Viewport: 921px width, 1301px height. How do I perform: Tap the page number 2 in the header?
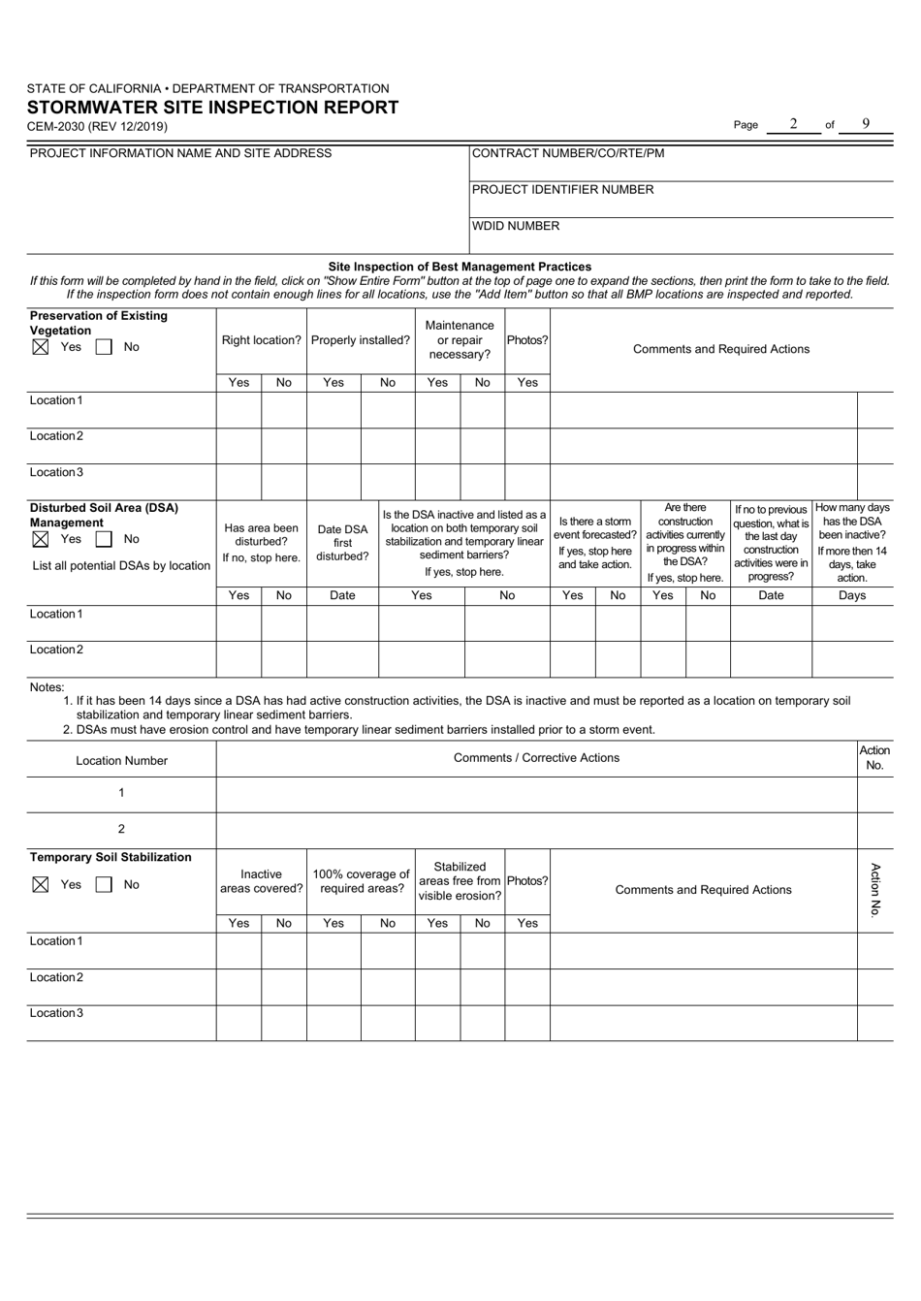tap(792, 124)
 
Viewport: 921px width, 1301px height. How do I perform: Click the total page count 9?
tap(865, 124)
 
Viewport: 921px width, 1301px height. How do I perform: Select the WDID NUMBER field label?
tap(516, 226)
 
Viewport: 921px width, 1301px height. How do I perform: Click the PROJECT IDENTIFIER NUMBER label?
tap(562, 190)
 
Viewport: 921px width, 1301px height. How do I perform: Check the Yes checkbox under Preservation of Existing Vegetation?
tap(40, 347)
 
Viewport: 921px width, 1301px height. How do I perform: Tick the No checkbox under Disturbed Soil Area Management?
tap(104, 539)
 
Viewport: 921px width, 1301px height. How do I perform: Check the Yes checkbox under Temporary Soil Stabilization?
tap(40, 884)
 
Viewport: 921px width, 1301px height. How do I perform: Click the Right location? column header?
tap(261, 341)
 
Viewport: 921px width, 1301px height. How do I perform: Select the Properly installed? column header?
tap(361, 341)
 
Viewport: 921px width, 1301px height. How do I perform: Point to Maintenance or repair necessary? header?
tap(460, 340)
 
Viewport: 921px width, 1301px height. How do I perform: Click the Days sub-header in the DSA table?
tap(851, 596)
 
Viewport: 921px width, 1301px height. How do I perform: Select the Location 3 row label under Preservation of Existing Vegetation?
tap(56, 472)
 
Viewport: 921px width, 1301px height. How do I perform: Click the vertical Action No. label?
tap(874, 889)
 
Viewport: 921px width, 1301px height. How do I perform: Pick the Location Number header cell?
tap(121, 761)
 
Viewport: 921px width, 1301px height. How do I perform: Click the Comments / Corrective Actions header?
tap(536, 758)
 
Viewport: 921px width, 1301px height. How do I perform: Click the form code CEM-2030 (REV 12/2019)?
tap(97, 126)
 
